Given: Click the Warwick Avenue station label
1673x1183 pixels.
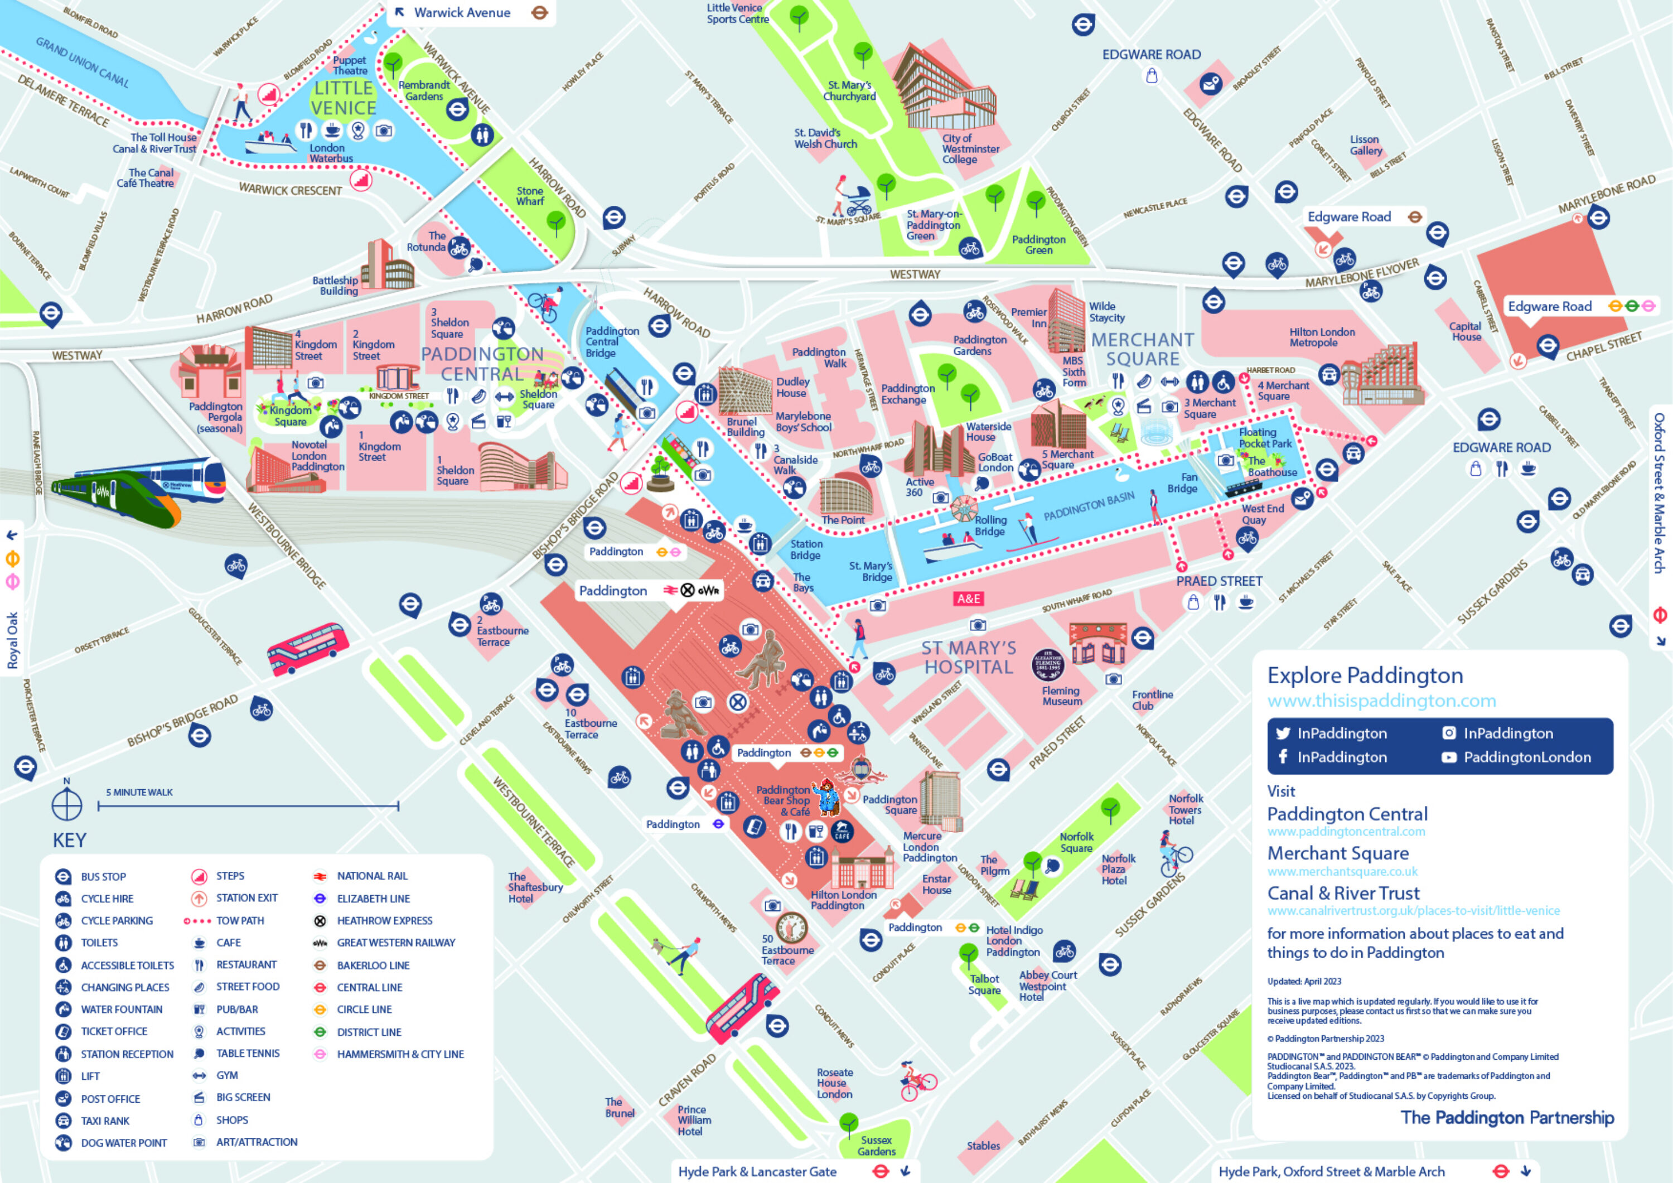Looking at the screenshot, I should click(462, 12).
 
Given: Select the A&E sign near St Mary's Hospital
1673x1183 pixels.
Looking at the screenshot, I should click(968, 598).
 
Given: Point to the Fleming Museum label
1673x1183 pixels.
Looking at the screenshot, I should click(1061, 696).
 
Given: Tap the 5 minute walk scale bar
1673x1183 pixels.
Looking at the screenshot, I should click(248, 805).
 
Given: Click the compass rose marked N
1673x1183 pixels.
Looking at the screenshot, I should click(66, 805).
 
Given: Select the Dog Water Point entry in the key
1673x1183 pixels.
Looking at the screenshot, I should click(123, 1142).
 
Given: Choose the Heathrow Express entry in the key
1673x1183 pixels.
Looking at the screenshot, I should click(384, 921).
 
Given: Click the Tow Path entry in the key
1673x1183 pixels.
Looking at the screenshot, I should click(240, 921).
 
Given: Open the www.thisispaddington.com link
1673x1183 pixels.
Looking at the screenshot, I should click(1381, 701).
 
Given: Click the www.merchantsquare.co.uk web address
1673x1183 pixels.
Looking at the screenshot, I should click(1342, 872).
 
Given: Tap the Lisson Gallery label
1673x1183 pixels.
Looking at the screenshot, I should click(1365, 145).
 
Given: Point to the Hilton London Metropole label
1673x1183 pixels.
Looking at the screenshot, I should click(1322, 337).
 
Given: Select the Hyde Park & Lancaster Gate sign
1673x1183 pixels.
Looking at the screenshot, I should click(757, 1171).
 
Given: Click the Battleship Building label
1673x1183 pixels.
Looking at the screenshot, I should click(335, 285).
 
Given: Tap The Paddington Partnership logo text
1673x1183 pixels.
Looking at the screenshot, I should click(1506, 1117).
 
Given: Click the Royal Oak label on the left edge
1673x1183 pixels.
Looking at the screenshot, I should click(12, 640).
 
